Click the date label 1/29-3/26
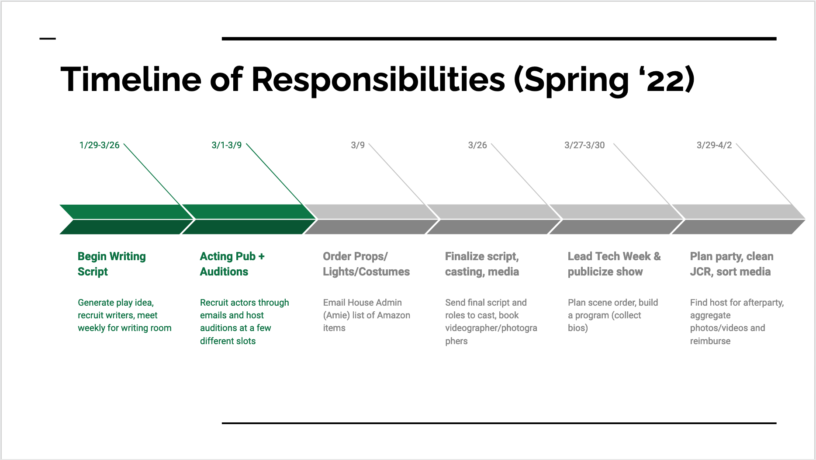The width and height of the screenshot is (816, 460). click(x=99, y=145)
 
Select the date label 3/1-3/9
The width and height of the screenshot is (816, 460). click(x=226, y=145)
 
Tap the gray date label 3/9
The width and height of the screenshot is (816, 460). click(x=358, y=145)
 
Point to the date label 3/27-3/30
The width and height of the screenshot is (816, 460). click(x=584, y=145)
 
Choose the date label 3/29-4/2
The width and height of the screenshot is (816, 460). click(x=714, y=145)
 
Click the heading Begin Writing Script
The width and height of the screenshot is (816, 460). click(x=112, y=264)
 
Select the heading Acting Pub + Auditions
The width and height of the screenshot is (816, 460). click(x=232, y=264)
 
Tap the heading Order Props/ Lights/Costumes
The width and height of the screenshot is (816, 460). click(x=367, y=264)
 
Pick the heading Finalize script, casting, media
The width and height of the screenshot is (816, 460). click(x=482, y=264)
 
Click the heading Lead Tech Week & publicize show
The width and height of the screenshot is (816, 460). click(x=614, y=264)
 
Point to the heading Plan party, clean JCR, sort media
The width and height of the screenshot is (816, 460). click(x=732, y=264)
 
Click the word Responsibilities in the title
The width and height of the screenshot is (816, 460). click(x=378, y=80)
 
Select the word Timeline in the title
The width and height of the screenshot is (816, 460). click(x=131, y=79)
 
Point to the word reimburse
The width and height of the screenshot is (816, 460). click(x=710, y=341)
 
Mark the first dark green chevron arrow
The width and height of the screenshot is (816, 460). click(x=127, y=219)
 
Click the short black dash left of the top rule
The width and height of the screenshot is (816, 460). click(x=48, y=38)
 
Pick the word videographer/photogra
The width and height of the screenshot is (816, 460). click(x=491, y=328)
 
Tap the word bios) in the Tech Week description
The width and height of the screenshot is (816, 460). click(x=578, y=328)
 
